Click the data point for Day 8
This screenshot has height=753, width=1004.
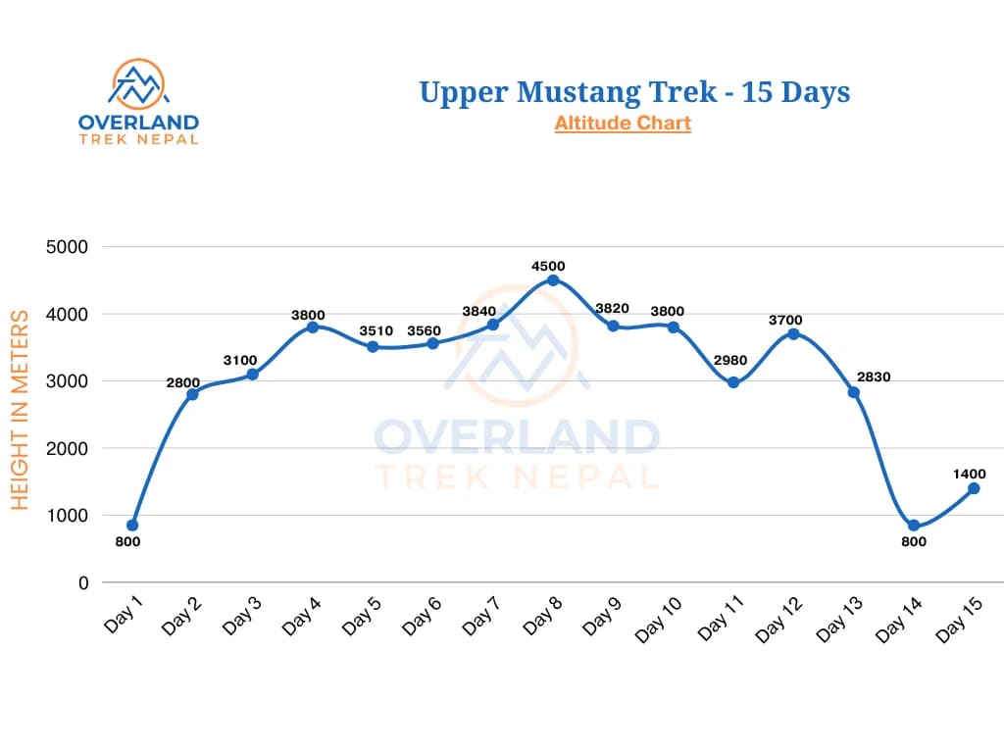[553, 280]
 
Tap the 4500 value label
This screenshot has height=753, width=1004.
[548, 266]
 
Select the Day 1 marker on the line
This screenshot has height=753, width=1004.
[132, 525]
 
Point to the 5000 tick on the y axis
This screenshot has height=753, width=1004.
[68, 247]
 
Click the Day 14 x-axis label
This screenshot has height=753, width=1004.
[898, 621]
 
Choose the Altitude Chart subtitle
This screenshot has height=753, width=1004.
[623, 124]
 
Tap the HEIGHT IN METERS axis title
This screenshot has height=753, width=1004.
[21, 409]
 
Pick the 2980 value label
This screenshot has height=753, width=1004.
[730, 360]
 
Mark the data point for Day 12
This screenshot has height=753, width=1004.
[793, 333]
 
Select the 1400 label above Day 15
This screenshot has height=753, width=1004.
[969, 474]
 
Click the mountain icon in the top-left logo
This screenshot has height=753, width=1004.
[137, 83]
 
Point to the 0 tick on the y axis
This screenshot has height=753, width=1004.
[83, 582]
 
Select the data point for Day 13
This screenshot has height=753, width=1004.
[853, 392]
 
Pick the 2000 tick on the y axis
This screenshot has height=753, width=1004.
[68, 448]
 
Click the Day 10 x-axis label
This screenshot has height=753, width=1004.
[657, 621]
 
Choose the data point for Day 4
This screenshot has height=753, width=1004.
[313, 326]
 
